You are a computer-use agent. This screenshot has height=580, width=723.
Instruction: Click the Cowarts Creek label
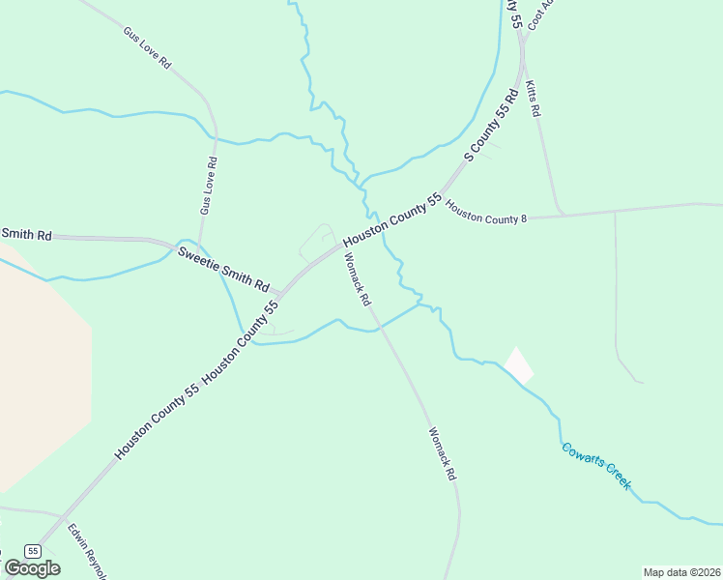point(596,466)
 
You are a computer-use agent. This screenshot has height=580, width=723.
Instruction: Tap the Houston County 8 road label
point(486,217)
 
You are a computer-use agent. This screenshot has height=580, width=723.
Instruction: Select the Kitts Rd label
point(533,100)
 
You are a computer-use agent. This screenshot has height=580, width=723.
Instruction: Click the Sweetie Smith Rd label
point(222,269)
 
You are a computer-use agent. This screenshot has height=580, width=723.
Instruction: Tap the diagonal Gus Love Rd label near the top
point(147,47)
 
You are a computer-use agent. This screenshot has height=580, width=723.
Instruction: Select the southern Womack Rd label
point(441,453)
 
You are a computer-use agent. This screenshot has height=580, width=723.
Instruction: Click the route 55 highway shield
point(34,550)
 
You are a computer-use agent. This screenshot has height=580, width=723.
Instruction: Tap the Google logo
point(32,567)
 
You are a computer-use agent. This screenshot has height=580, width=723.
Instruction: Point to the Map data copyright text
point(682,572)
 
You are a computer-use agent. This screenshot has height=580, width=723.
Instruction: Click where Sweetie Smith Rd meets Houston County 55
point(280,292)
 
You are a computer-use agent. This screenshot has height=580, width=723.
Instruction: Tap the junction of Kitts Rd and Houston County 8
point(562,213)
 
